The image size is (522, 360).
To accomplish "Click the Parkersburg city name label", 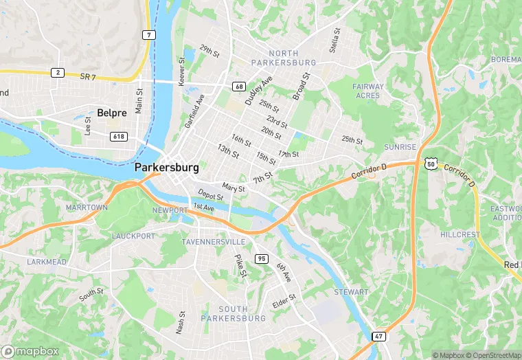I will [167, 168].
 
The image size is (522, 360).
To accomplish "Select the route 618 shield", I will [119, 137].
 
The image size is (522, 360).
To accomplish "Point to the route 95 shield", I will [261, 258].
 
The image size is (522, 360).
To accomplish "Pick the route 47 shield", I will [378, 336].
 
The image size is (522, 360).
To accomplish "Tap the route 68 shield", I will [239, 86].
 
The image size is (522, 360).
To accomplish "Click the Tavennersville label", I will [214, 243].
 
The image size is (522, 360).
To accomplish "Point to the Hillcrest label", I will [459, 234].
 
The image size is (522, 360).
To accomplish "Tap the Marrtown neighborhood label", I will [87, 207].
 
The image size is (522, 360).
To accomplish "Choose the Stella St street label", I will [336, 41].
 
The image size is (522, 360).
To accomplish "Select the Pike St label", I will [240, 265].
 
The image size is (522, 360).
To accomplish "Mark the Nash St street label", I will [180, 322].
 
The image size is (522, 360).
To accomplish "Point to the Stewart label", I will [351, 292].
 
